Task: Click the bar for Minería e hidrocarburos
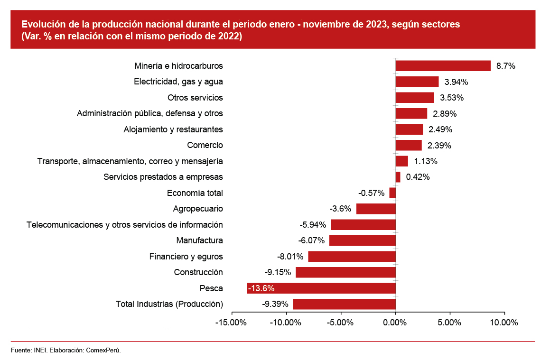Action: click(x=443, y=66)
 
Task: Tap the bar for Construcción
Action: click(x=345, y=272)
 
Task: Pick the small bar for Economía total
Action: click(x=392, y=193)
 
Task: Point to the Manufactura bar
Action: click(x=362, y=240)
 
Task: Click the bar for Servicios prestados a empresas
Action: click(x=398, y=177)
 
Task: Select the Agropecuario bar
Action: click(x=376, y=209)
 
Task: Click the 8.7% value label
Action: click(x=506, y=66)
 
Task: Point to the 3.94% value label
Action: click(x=457, y=82)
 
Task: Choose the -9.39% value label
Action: click(x=275, y=304)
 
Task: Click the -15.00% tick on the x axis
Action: click(x=232, y=323)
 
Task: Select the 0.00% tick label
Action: click(x=395, y=323)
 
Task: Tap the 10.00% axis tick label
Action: click(x=504, y=323)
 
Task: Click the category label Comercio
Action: click(x=205, y=145)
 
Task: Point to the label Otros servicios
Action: click(x=195, y=98)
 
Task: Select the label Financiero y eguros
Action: click(x=186, y=257)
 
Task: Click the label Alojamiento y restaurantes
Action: click(x=173, y=129)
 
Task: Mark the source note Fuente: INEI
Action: click(x=28, y=350)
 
